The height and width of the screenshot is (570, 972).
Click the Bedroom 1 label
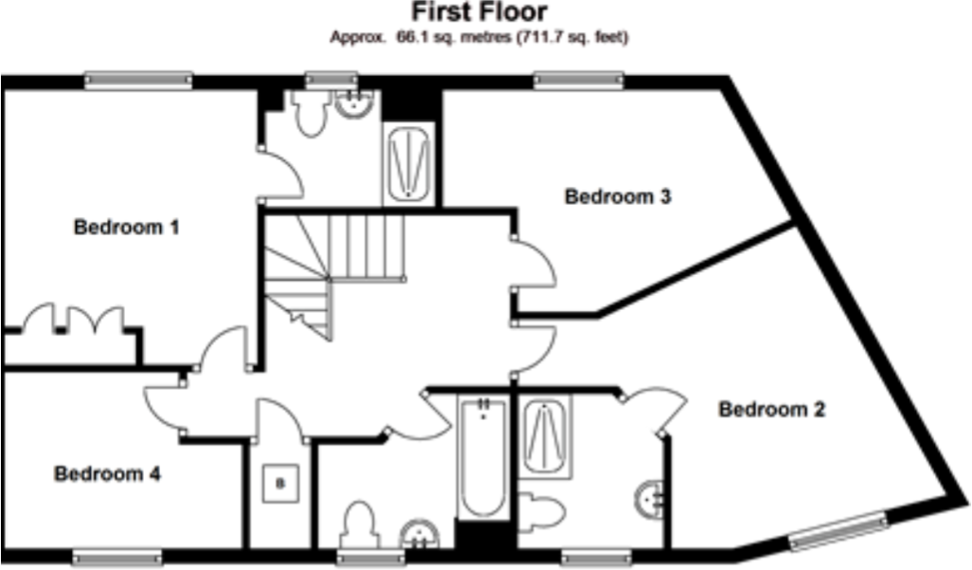[x=127, y=228]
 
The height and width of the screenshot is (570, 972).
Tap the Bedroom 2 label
[x=772, y=410]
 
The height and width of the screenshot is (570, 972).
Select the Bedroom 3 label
[x=618, y=197]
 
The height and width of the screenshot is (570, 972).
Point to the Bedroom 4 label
[x=107, y=473]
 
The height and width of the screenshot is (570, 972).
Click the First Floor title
[x=478, y=12]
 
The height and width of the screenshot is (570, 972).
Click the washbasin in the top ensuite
[x=356, y=105]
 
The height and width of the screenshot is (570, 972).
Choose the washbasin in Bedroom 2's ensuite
[x=652, y=499]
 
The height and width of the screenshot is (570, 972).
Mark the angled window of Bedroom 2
[x=837, y=530]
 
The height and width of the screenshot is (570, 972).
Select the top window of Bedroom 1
[x=138, y=81]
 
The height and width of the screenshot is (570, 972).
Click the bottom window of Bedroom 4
[x=117, y=558]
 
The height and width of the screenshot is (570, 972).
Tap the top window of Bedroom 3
[x=579, y=81]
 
